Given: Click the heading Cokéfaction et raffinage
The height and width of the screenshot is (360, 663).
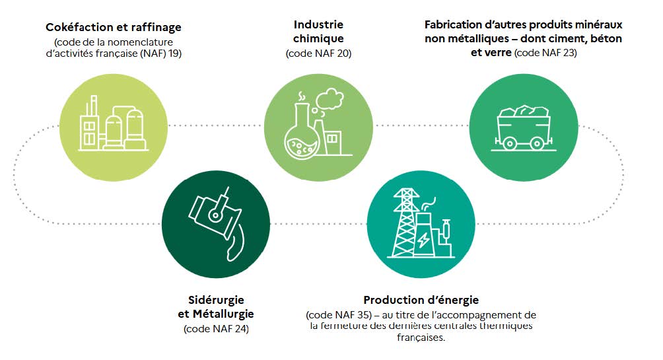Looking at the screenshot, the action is point(114,27).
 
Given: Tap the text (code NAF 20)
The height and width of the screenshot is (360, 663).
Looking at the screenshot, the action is point(318,54).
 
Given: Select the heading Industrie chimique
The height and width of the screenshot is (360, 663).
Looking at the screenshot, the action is point(318,31).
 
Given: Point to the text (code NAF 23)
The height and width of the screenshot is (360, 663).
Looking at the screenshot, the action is point(545,52).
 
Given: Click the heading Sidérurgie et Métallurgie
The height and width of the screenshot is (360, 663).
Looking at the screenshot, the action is point(216,306).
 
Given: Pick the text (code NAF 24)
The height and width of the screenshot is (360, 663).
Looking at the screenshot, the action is point(216,329).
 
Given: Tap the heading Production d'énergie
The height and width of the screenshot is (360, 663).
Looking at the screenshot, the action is point(421,300).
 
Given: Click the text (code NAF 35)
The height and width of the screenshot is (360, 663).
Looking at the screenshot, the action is point(339,314).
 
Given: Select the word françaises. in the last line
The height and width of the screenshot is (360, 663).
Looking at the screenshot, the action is point(421,337).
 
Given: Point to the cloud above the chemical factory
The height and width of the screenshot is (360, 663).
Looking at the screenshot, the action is point(330,99).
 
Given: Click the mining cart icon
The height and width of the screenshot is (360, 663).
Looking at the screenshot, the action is point(524,128).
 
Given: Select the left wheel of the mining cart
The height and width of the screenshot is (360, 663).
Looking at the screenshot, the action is point(510,144).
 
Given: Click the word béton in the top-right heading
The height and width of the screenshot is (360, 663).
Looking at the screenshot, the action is point(607,38).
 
